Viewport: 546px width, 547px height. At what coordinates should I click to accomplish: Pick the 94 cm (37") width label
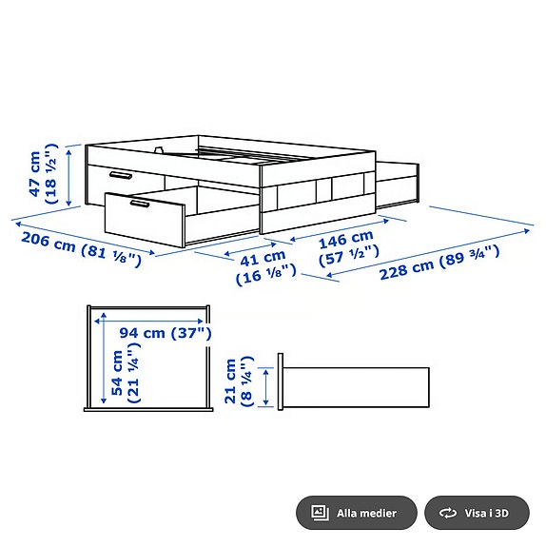click(166, 333)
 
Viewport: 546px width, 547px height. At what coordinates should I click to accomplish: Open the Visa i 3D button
click(476, 513)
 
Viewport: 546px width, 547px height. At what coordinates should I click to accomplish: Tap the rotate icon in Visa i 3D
click(447, 513)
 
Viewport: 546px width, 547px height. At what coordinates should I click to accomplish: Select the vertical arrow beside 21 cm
click(266, 385)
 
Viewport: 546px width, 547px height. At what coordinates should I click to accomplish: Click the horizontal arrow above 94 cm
click(149, 319)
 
